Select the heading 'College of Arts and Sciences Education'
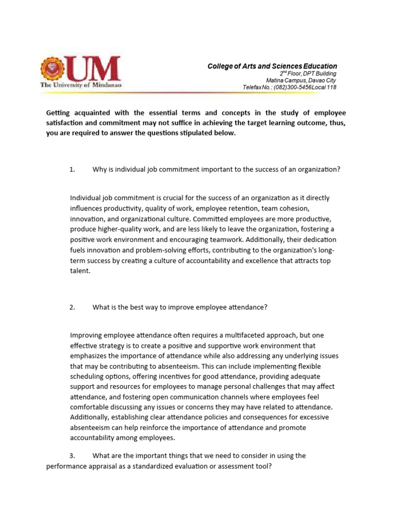(x=272, y=66)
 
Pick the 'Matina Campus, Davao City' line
(x=301, y=81)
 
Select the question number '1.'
(x=72, y=170)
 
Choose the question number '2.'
(x=72, y=307)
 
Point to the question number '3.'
(x=72, y=455)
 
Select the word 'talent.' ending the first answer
(x=80, y=272)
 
